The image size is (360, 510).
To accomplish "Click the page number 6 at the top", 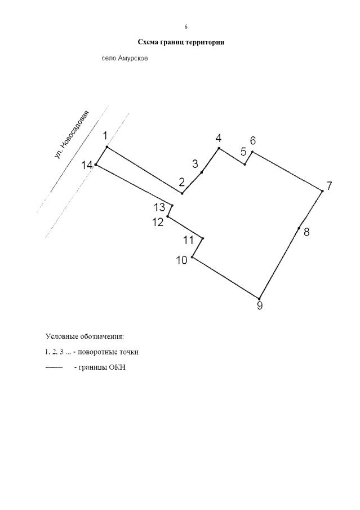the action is coord(186,26).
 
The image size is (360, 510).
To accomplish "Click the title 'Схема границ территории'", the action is coord(181,42).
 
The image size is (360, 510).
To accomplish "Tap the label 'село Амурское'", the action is coord(125,59).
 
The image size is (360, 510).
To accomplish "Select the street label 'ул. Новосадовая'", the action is coord(72,135).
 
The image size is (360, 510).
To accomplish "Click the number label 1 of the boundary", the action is coord(105,136).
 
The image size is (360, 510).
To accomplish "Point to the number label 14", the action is coord(87,166).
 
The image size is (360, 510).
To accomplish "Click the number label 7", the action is coord(329,187).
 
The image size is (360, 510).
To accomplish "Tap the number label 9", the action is coord(260,306).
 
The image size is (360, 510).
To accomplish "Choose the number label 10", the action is coord(182,260).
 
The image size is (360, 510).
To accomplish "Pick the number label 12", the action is coord(158,223).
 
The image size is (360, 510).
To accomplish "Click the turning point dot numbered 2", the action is coord(182,193).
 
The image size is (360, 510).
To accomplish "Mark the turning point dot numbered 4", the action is coord(219,148).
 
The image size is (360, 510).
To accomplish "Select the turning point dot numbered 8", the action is coord(299,228).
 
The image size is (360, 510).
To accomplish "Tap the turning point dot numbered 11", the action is coord(203,238).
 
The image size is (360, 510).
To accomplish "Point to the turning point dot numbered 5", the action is coord(245,164).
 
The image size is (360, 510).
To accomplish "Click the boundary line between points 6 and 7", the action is coord(287,171).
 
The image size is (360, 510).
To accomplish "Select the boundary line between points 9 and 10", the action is coord(226,278).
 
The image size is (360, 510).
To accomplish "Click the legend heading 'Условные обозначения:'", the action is coord(85,336).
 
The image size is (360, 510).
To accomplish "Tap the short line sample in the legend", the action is coord(54,367).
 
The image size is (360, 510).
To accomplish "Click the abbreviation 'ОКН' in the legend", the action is coord(118,367).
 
